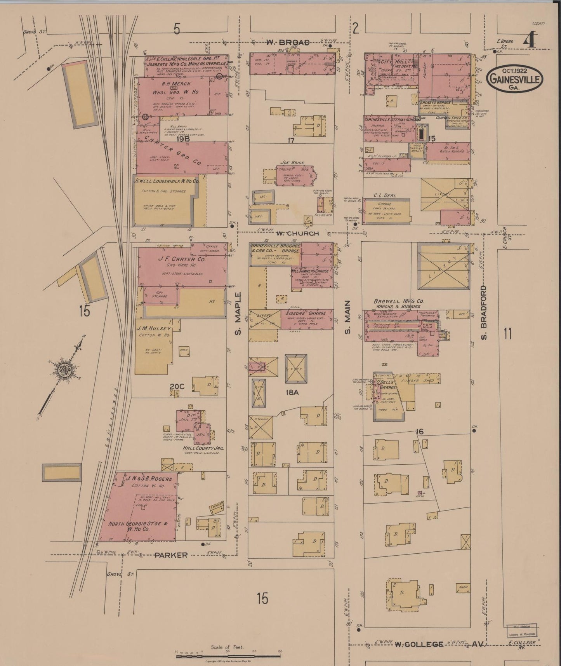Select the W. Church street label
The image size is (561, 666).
coord(298,234)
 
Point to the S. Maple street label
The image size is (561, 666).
coord(238,314)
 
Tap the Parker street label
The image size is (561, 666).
coord(171,555)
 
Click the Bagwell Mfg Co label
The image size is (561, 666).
coord(399,302)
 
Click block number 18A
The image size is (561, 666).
coord(292,392)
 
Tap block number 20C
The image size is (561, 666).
coord(176,386)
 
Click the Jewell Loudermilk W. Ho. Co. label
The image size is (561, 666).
coord(166,181)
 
